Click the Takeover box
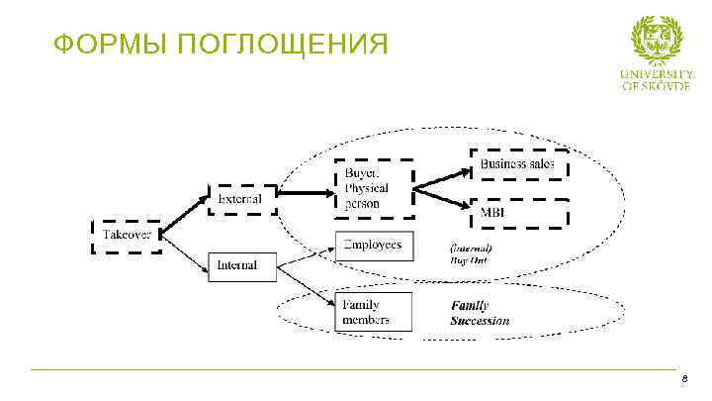coord(126,236)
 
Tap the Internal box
coord(236,265)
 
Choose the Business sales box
coord(518,163)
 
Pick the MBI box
coord(518,213)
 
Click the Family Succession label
coord(481,313)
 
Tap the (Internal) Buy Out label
coord(472,253)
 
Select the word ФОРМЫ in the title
coord(94,46)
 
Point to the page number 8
coord(683,381)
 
